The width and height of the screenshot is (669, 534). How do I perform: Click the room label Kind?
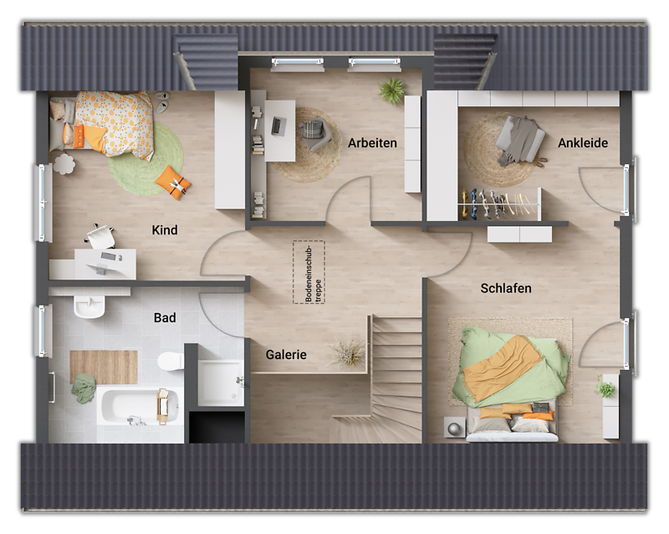[x=164, y=230]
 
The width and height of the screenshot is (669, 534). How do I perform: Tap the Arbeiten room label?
[x=372, y=142]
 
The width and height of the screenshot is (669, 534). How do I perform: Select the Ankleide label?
[x=583, y=142]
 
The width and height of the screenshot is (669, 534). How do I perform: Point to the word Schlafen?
[x=506, y=289]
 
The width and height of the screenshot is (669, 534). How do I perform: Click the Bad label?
[x=165, y=318]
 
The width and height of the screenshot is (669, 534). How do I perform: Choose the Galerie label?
[x=286, y=355]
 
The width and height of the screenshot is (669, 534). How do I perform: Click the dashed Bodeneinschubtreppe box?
[x=308, y=273]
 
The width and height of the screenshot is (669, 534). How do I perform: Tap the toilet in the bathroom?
[x=170, y=362]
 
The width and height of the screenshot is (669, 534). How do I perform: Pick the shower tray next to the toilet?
[x=220, y=383]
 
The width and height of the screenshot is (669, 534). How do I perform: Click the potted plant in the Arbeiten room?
[x=391, y=90]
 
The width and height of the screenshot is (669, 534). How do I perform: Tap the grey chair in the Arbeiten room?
[x=315, y=133]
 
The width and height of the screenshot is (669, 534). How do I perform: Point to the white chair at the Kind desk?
[x=100, y=237]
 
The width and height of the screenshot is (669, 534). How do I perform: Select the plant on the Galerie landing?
[x=347, y=352]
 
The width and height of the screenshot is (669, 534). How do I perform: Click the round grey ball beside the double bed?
[x=452, y=427]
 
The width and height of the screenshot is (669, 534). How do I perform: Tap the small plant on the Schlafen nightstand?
[x=605, y=388]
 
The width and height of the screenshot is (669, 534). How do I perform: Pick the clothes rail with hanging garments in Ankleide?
[x=495, y=203]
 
